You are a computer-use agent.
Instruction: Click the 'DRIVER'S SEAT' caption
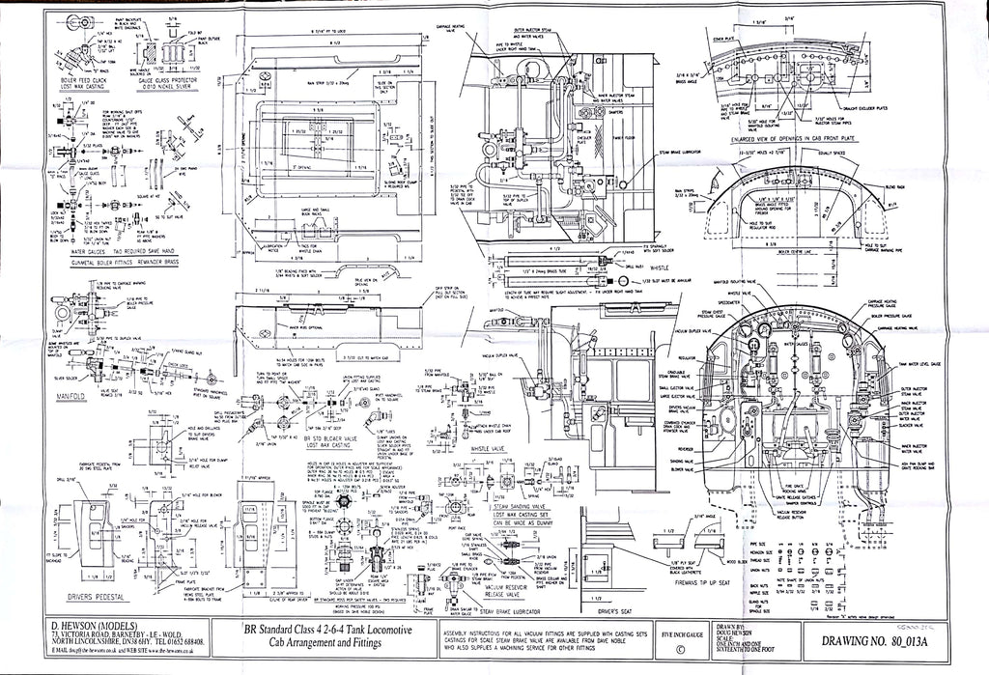[616, 611]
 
